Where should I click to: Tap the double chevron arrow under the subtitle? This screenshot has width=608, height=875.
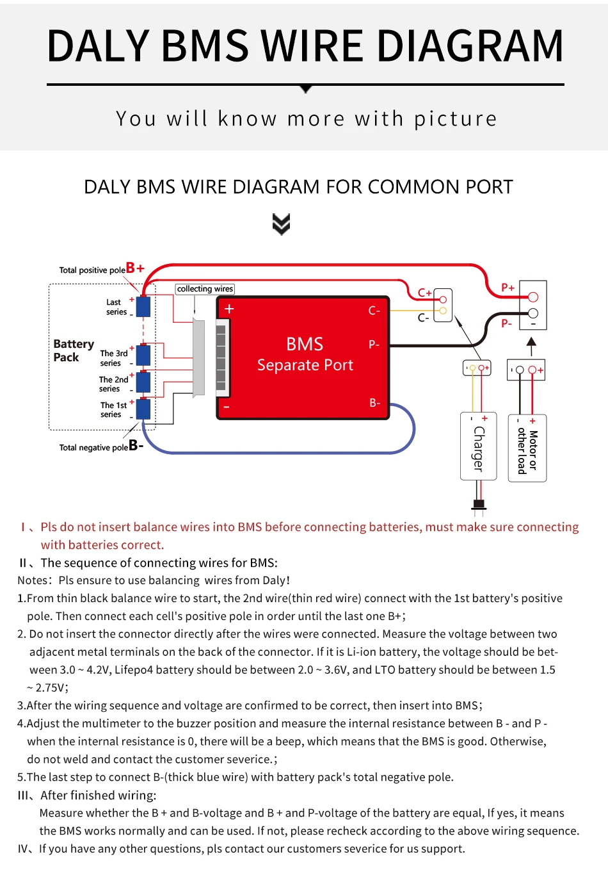[x=281, y=224]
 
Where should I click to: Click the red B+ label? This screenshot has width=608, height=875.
[x=135, y=268]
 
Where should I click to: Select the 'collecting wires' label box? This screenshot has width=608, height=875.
[x=205, y=289]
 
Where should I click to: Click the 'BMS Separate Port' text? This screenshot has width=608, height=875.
[x=305, y=354]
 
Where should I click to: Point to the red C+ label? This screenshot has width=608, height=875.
[x=424, y=293]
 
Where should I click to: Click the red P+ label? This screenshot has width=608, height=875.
[x=508, y=288]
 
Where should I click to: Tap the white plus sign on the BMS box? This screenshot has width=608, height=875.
[x=229, y=309]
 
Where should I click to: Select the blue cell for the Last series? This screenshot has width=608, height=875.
[x=143, y=306]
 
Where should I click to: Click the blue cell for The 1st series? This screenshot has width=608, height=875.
[x=143, y=409]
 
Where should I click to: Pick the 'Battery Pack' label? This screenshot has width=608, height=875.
[x=73, y=350]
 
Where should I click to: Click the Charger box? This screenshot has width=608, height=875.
[x=478, y=446]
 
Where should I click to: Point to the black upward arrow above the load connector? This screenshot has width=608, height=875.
[x=531, y=345]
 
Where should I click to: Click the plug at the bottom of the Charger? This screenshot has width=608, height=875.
[x=479, y=505]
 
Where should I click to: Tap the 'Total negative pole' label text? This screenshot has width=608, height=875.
[x=93, y=448]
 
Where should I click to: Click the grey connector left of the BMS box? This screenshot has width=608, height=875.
[x=198, y=357]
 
